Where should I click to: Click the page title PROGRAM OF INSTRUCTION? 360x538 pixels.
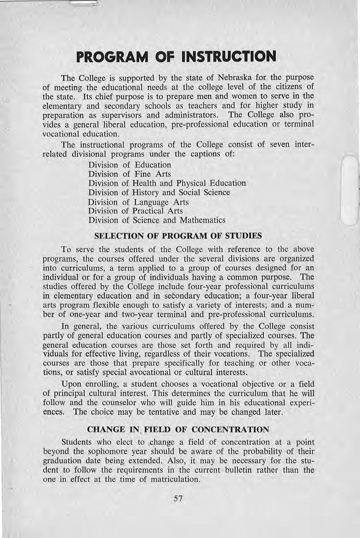tap(176, 56)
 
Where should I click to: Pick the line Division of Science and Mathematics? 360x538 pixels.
tap(156, 220)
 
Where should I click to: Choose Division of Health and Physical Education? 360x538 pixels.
tap(167, 183)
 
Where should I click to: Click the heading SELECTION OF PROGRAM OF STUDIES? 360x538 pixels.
tap(178, 235)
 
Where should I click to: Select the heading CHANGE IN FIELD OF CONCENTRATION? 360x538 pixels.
tap(180, 429)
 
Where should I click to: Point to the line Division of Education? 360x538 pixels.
tap(129, 165)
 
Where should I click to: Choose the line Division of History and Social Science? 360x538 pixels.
tap(159, 193)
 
